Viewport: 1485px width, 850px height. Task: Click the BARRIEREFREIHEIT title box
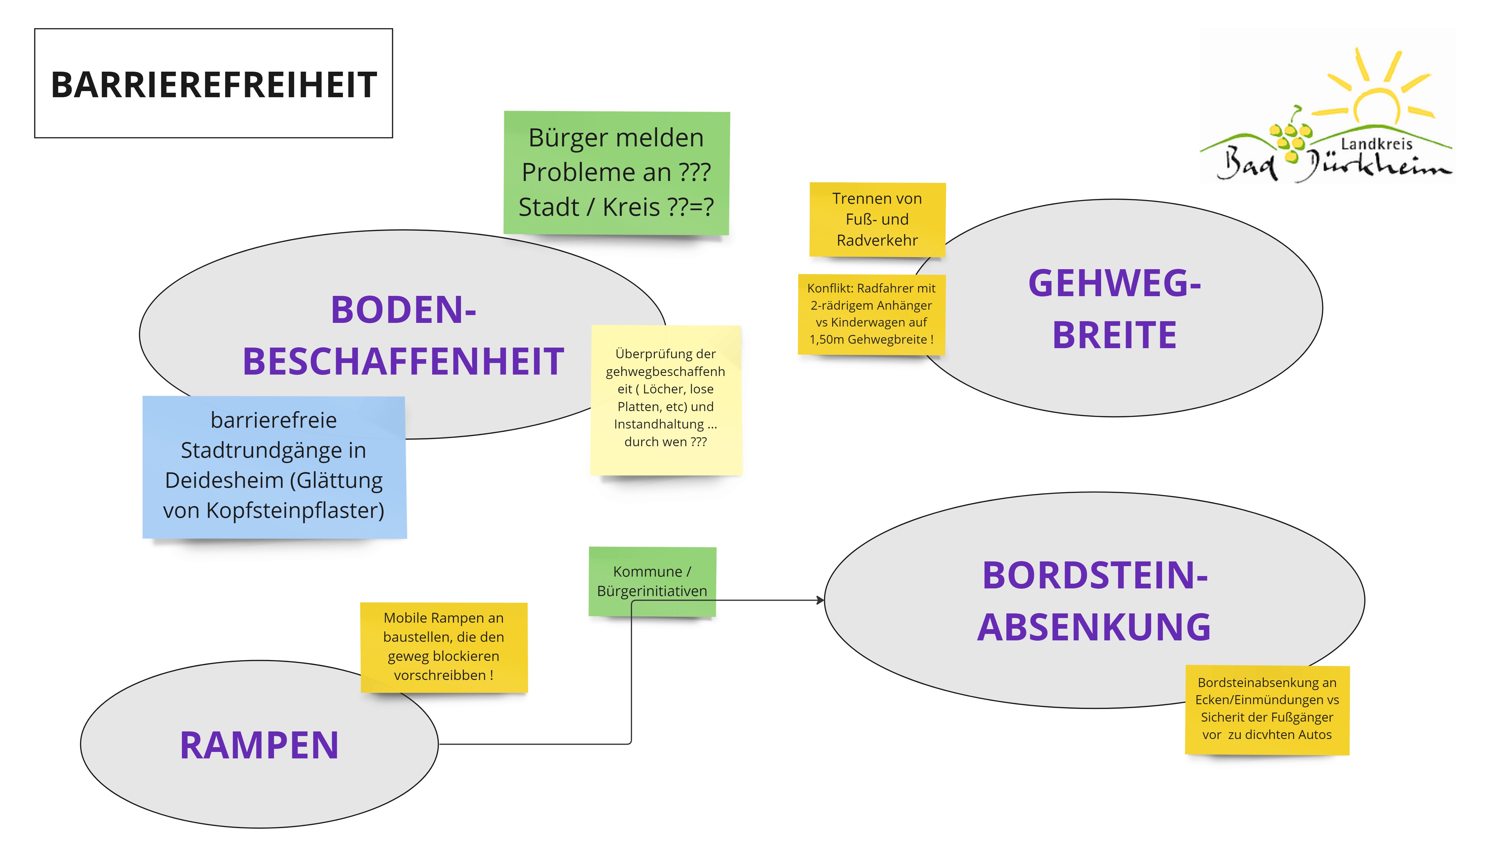click(x=213, y=83)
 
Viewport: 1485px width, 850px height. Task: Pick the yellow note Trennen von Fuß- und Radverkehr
click(x=877, y=219)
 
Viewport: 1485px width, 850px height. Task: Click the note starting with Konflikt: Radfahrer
click(x=871, y=314)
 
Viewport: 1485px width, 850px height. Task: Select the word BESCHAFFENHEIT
click(x=403, y=361)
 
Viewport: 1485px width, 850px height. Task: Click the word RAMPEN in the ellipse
click(x=259, y=745)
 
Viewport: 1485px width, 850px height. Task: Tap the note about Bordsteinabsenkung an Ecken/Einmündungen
click(x=1267, y=709)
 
